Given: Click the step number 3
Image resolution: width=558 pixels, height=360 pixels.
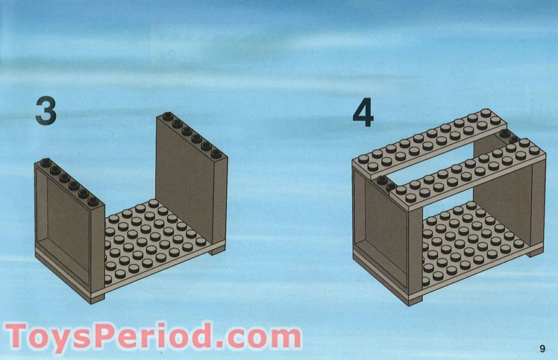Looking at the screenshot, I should (x=46, y=111).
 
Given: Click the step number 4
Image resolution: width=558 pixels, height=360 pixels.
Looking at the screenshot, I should (x=363, y=113).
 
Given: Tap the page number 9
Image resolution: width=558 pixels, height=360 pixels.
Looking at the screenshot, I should (x=542, y=348).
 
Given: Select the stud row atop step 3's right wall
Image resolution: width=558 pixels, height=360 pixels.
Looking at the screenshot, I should (x=192, y=135).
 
